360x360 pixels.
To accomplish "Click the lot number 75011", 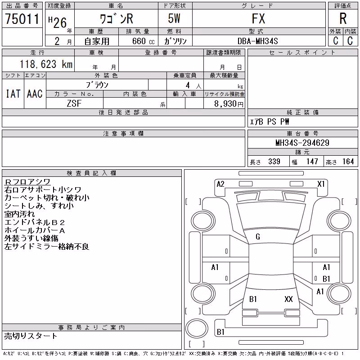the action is tap(22, 19).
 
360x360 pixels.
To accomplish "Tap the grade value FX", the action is tap(258, 18).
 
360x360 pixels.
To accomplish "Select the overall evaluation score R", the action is tap(343, 18).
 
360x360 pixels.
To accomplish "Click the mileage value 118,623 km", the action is tap(46, 64).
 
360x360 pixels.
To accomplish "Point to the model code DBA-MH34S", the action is tap(257, 41).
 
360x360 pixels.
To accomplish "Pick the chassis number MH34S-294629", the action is tap(302, 143).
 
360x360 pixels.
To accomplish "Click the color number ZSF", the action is tap(74, 103).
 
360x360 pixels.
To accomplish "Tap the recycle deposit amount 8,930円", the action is tap(229, 104).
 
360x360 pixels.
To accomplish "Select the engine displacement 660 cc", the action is tap(143, 41).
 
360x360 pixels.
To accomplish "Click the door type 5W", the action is tap(174, 18).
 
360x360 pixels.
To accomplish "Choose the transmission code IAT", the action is tap(13, 94).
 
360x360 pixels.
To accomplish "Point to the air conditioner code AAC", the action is tap(35, 94).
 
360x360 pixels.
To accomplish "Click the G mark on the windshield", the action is tap(258, 237).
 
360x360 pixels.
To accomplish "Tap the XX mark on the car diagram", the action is tap(288, 299).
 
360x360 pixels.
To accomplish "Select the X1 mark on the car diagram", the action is tap(321, 184).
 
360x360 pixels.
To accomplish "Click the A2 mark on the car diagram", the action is tap(220, 184).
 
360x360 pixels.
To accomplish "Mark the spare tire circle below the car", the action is tap(197, 328).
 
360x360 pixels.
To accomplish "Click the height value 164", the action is tap(348, 162).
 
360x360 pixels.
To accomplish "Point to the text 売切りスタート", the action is tap(31, 336).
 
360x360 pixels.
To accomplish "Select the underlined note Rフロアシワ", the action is tap(27, 182).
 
